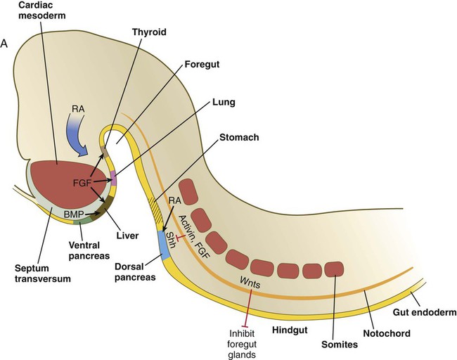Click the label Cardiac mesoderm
click(33, 13)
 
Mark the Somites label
click(337, 345)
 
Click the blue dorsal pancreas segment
click(164, 245)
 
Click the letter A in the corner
click(6, 43)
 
